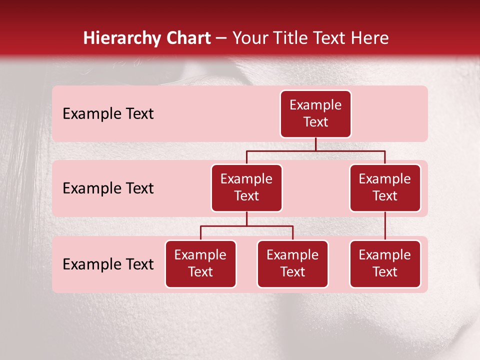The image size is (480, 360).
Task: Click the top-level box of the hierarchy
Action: (315, 113)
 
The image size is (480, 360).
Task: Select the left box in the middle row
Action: (246, 187)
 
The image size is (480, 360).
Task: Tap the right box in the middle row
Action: (385, 187)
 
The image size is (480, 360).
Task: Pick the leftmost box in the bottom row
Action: (200, 263)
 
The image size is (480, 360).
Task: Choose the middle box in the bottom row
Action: (292, 263)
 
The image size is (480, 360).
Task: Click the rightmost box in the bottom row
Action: (385, 263)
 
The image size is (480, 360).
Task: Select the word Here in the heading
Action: (370, 38)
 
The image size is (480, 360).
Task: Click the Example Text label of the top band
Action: (108, 113)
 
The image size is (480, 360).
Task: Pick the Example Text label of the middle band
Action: (108, 188)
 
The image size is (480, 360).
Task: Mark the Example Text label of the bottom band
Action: (108, 264)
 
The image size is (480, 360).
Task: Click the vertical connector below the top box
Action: (315, 144)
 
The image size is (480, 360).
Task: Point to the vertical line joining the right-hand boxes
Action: (385, 226)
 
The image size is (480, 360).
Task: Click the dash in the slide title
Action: (221, 38)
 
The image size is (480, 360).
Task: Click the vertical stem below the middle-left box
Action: (246, 218)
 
